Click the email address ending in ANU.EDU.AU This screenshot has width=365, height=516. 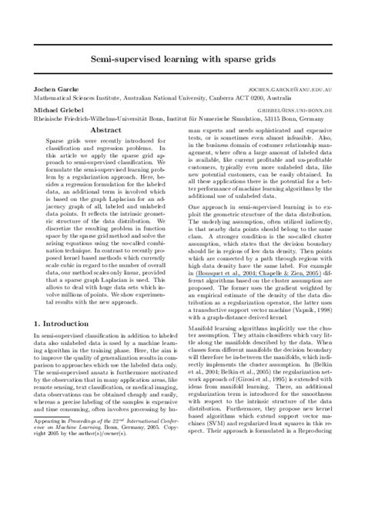click(x=295, y=111)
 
